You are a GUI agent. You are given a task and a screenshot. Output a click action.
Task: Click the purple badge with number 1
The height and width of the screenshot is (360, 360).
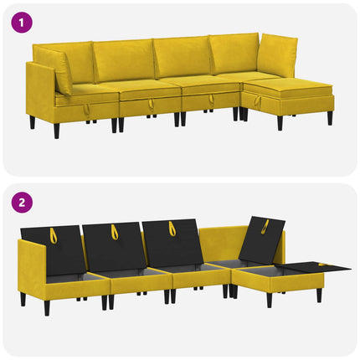coord(22,22)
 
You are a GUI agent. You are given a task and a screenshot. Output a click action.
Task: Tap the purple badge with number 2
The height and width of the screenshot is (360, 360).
coord(22,203)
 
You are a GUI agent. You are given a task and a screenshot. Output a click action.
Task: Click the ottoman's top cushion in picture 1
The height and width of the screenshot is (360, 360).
coord(289,85)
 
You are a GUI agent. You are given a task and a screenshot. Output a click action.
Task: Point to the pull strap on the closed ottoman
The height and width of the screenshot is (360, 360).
coord(257,101)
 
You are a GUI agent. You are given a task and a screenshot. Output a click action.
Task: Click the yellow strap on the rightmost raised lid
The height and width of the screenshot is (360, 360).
coord(265,226)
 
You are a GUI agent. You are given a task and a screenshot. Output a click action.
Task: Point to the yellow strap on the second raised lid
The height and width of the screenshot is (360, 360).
coord(114,232)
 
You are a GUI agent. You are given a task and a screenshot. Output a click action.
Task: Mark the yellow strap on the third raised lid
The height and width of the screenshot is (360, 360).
coord(171,229)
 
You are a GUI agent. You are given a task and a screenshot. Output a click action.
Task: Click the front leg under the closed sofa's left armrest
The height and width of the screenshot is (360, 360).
coord(57,131)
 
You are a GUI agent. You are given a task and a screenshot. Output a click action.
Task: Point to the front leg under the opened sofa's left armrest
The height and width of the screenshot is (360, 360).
coord(47,307)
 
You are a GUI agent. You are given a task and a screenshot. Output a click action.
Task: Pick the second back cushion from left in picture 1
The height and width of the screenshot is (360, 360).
coord(124,61)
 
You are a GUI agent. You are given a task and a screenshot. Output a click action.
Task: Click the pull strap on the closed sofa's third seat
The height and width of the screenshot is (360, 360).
coord(211,99)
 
